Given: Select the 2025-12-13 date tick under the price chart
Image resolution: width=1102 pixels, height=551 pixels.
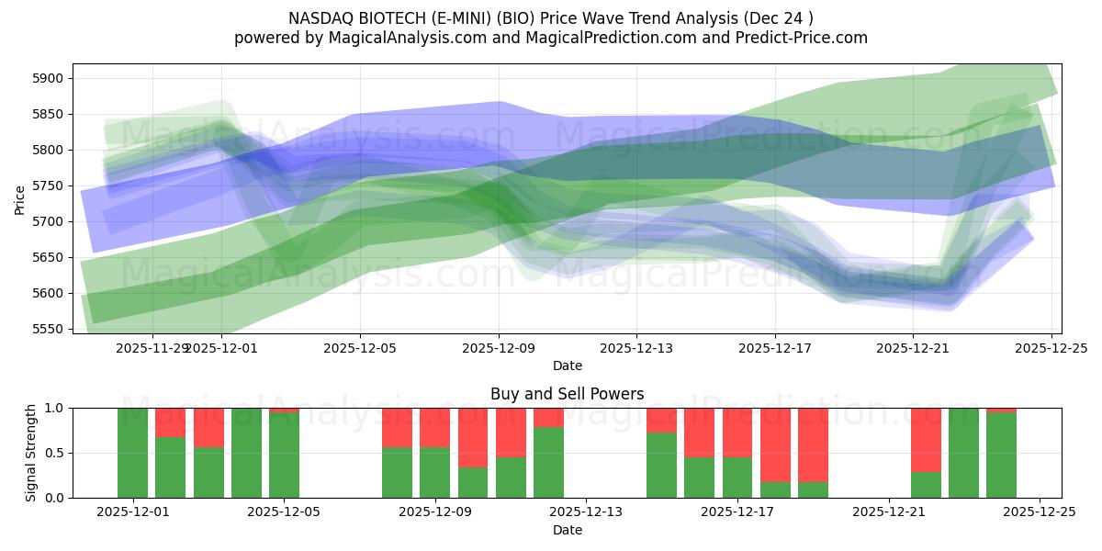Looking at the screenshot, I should point(636,349).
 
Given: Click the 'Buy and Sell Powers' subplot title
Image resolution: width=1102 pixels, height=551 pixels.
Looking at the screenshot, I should point(567,394).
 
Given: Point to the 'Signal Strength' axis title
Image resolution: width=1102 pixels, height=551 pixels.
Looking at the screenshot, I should point(31,452).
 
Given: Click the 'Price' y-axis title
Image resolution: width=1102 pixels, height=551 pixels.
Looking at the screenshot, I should point(20,198).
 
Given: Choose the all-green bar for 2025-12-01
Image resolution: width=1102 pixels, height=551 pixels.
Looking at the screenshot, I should point(132,453).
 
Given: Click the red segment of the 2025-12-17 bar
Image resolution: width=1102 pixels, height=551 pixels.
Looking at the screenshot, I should point(737,432).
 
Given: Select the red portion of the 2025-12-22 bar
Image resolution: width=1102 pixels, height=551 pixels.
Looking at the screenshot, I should point(926,439).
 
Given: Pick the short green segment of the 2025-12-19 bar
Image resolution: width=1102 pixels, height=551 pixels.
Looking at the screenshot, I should point(813,489).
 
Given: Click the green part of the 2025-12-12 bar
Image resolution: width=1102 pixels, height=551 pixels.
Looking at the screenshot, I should point(548,463).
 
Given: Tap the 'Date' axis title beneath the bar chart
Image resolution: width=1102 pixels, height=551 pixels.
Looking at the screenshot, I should point(567,530).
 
